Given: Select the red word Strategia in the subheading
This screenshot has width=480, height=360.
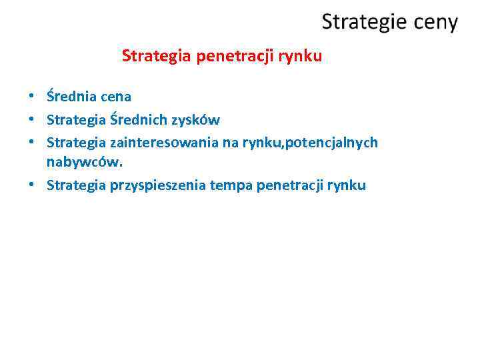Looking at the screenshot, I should pyautogui.click(x=156, y=56).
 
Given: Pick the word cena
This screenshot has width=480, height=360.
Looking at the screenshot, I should pyautogui.click(x=116, y=97).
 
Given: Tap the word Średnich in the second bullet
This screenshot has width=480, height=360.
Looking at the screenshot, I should pyautogui.click(x=139, y=120).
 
